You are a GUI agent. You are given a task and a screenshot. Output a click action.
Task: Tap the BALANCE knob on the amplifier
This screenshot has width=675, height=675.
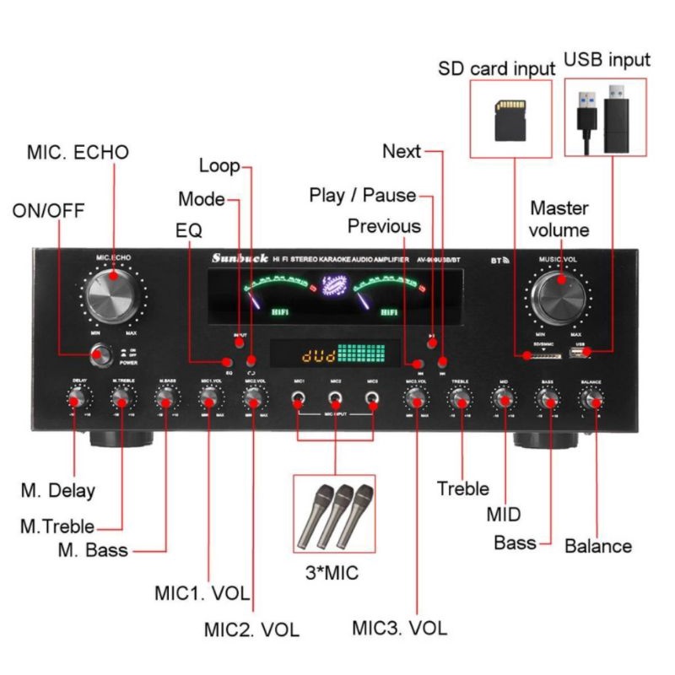591,401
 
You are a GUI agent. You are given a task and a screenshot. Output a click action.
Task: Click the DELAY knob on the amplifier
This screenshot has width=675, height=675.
80,401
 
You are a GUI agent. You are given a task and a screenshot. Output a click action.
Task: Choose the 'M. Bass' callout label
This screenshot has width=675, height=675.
93,551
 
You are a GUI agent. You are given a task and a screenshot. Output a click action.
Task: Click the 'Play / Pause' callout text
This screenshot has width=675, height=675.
362,196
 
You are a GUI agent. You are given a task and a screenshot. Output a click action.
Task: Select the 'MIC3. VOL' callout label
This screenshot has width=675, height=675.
400,628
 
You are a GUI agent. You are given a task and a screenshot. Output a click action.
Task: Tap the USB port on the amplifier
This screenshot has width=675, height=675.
580,355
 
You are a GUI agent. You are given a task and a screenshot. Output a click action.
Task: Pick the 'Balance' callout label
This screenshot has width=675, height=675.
597,546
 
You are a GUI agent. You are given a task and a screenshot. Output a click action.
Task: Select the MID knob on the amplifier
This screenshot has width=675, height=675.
504,401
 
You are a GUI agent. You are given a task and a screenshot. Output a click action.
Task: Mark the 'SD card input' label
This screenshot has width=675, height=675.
496,67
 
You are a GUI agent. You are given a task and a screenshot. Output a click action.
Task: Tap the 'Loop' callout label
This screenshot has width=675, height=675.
219,166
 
